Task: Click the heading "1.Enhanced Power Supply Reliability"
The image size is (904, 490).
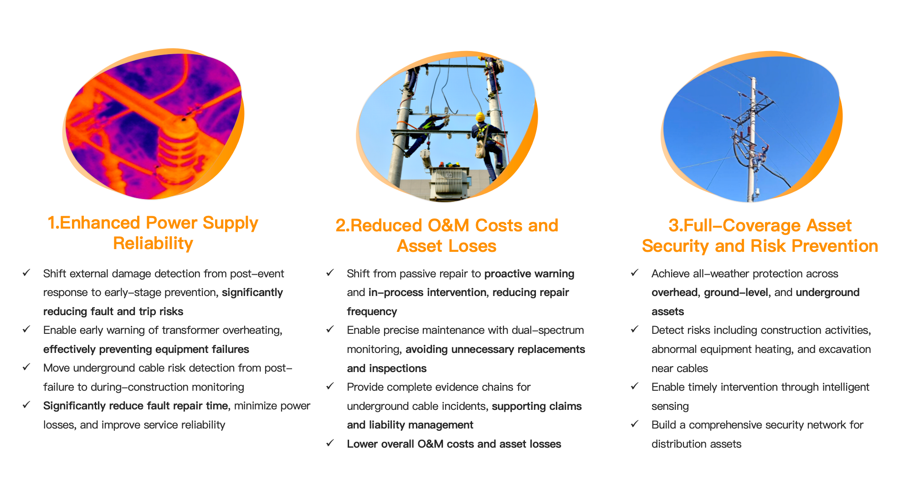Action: tap(153, 233)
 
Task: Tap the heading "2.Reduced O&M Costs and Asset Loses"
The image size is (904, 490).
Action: tap(447, 235)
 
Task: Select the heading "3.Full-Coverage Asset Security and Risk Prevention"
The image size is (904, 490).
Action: tap(760, 235)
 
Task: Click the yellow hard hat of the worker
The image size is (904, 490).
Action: tap(480, 117)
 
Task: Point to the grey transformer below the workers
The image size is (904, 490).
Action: tap(449, 182)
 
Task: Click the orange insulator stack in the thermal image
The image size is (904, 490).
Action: tap(178, 150)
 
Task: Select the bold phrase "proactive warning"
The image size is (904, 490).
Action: tap(529, 274)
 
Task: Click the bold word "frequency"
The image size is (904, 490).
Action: tap(372, 311)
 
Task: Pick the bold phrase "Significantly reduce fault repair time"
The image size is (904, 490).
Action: tap(135, 406)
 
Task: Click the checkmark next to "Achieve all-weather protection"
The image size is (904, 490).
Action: tap(635, 273)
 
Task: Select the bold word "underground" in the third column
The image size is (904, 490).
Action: tap(827, 292)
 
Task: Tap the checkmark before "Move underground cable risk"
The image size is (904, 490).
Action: tap(26, 367)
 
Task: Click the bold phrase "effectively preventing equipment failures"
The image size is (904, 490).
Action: tap(146, 349)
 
